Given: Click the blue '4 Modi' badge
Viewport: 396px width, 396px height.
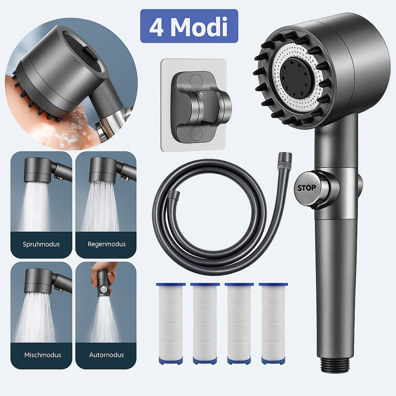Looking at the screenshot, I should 189,26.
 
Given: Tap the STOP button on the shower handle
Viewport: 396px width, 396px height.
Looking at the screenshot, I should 307,188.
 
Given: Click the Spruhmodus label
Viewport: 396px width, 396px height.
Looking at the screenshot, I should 41,244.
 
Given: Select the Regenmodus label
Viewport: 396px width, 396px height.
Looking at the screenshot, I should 106,244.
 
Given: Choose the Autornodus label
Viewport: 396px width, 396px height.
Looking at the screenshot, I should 106,355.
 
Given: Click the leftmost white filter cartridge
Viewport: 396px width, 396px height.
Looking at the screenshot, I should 171,323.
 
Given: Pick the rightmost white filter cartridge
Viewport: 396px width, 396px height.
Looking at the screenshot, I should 273,323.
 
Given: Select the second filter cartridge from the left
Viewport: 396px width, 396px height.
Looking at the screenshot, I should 205,323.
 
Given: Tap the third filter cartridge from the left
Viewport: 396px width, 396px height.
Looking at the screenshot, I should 239,323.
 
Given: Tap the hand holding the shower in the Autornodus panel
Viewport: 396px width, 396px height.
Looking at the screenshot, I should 104,273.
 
